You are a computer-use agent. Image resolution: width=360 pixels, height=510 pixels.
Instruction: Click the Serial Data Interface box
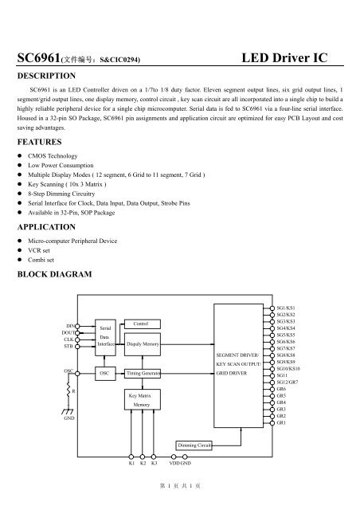point(104,337)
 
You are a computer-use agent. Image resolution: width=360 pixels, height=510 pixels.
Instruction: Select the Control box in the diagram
point(140,324)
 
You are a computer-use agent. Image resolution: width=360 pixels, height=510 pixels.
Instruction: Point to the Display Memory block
point(143,344)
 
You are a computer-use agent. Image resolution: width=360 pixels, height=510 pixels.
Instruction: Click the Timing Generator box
point(143,372)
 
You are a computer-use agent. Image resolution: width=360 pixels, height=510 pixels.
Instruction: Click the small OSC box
point(104,372)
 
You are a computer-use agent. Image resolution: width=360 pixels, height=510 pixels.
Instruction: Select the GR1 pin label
point(281,422)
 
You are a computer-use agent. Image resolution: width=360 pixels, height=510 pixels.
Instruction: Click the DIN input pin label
point(70,326)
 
